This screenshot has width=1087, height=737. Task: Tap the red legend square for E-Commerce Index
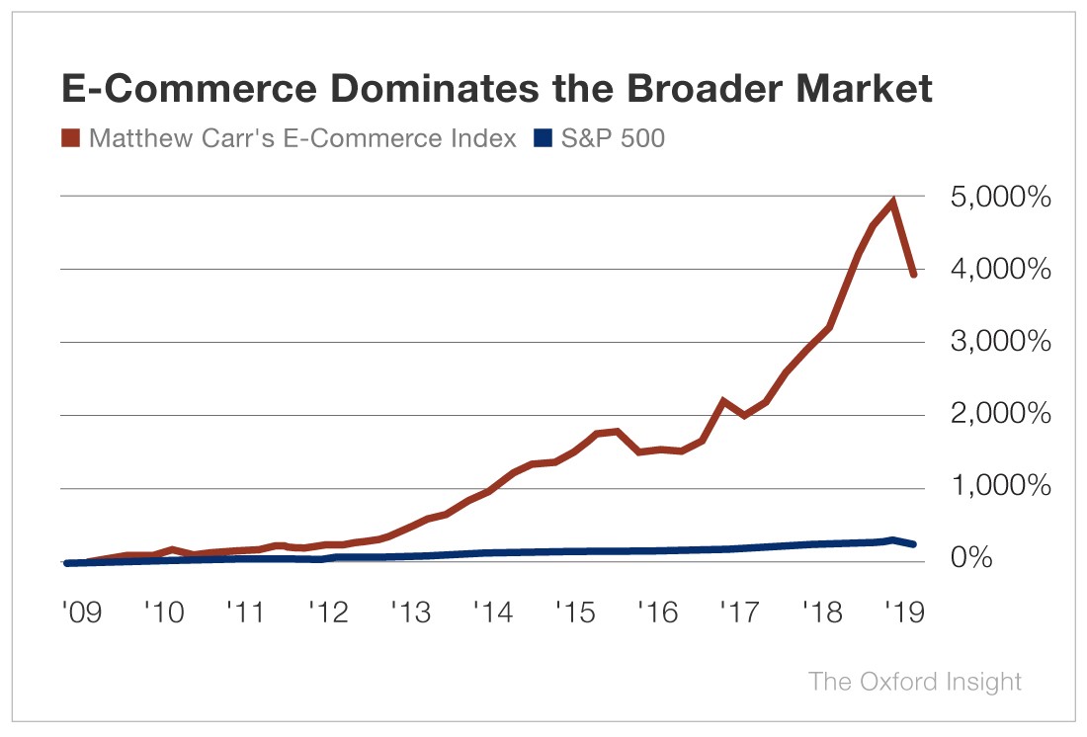pyautogui.click(x=71, y=138)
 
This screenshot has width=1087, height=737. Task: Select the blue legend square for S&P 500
pyautogui.click(x=543, y=138)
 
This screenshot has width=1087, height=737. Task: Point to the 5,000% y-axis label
pyautogui.click(x=984, y=198)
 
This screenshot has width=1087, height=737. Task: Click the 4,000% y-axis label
pyautogui.click(x=984, y=270)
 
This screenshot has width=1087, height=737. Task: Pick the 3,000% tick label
pyautogui.click(x=984, y=343)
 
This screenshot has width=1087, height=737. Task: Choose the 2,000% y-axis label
pyautogui.click(x=984, y=415)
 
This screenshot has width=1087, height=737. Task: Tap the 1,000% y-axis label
pyautogui.click(x=984, y=488)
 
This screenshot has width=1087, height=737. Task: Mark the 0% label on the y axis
pyautogui.click(x=1019, y=560)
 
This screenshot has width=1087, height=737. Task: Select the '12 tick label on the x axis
pyautogui.click(x=328, y=614)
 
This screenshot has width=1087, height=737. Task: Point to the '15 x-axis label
pyautogui.click(x=575, y=614)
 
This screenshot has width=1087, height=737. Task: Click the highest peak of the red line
pyautogui.click(x=893, y=203)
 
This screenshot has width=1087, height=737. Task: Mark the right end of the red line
pyautogui.click(x=914, y=275)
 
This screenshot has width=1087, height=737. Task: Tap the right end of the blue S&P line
pyautogui.click(x=914, y=544)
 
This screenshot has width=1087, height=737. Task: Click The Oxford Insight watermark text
pyautogui.click(x=915, y=682)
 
